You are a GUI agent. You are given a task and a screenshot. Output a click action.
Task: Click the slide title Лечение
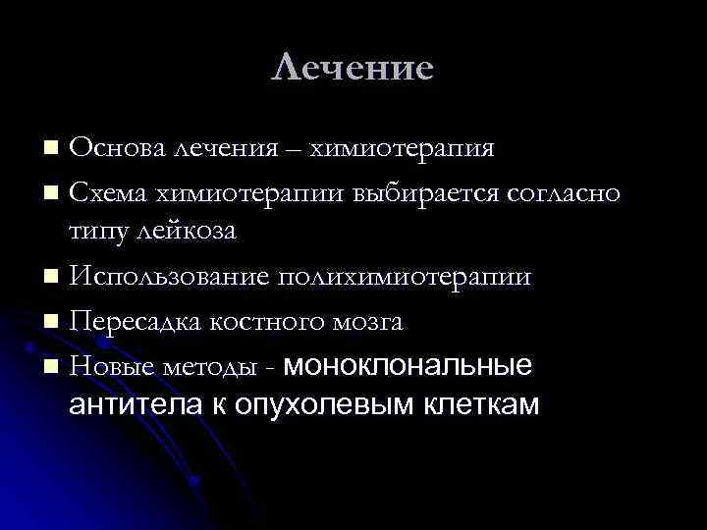(353, 68)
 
